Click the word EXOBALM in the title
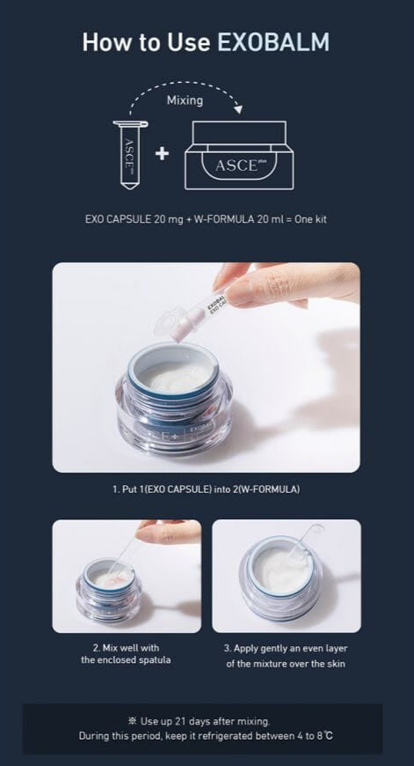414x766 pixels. pyautogui.click(x=273, y=42)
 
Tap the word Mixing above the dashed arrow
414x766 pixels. pyautogui.click(x=185, y=100)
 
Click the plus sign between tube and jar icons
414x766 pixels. pyautogui.click(x=162, y=154)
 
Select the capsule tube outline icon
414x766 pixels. pyautogui.click(x=129, y=155)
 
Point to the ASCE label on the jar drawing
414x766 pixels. pyautogui.click(x=236, y=166)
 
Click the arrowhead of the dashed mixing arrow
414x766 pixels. pyautogui.click(x=237, y=108)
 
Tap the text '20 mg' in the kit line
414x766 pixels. pyautogui.click(x=168, y=219)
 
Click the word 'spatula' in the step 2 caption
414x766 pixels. pyautogui.click(x=156, y=660)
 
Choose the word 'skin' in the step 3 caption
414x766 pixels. pyautogui.click(x=336, y=664)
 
